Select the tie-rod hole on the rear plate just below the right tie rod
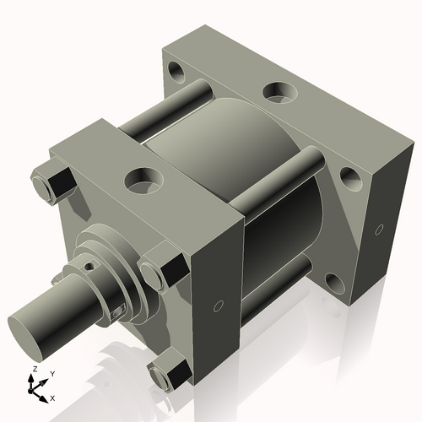(349, 176)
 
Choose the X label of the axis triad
(52, 397)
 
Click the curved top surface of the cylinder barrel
(224, 127)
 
